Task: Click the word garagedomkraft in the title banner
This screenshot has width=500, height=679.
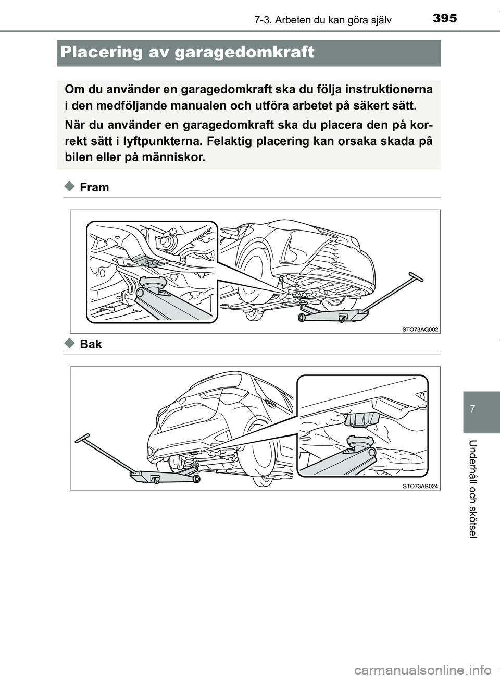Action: pos(244,53)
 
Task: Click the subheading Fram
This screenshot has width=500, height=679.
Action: pos(94,188)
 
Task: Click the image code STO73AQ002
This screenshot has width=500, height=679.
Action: pos(420,329)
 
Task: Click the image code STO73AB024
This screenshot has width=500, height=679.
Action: pos(420,486)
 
